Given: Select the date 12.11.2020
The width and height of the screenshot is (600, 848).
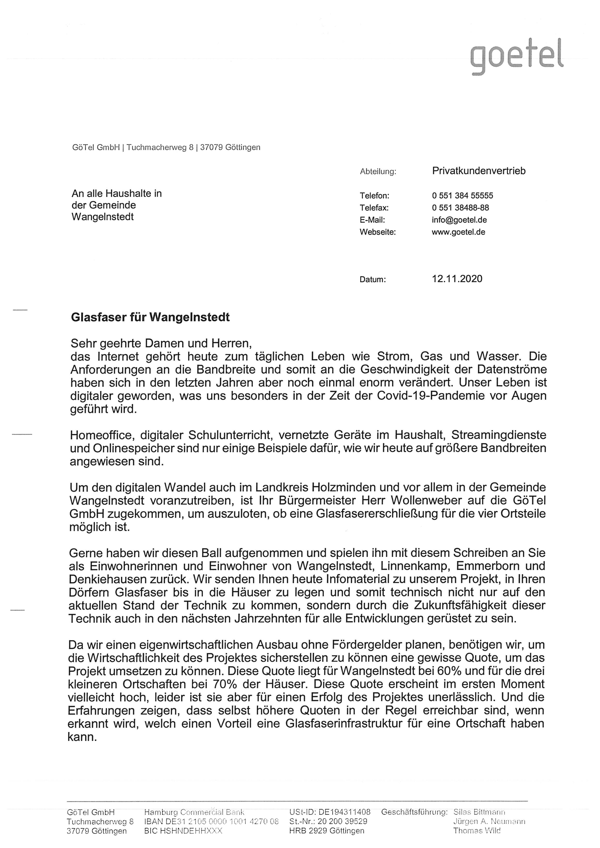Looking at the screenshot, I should click(457, 279).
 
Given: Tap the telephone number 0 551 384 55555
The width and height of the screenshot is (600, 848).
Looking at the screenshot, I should click(462, 196).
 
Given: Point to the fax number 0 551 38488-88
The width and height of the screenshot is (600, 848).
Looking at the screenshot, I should click(460, 208).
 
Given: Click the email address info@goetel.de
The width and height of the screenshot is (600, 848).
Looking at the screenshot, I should click(459, 220).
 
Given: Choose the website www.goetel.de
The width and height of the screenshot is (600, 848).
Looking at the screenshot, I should click(458, 232).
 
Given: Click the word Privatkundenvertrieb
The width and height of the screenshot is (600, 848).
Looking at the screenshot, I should click(479, 171).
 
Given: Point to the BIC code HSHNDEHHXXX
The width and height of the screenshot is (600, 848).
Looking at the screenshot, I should click(183, 831).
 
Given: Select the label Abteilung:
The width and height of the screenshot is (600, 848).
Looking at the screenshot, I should click(378, 172).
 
